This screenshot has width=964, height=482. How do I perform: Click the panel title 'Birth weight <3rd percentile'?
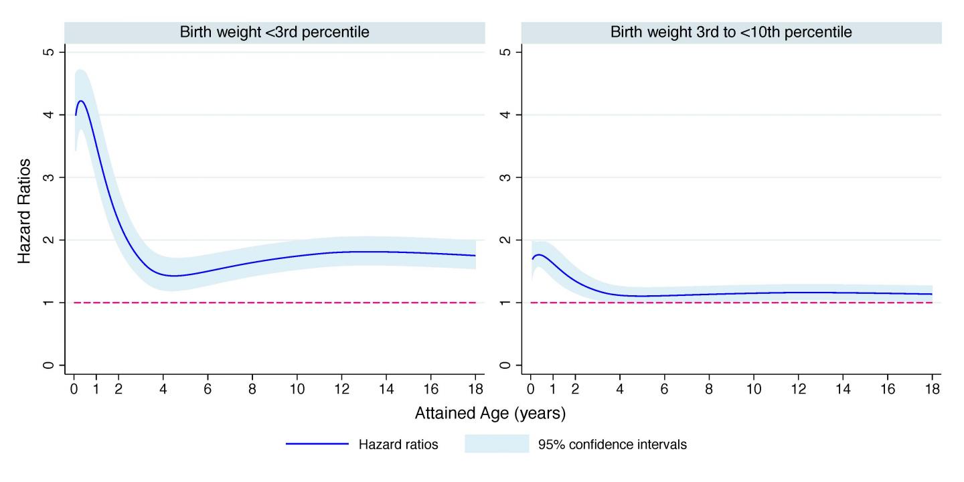click(274, 32)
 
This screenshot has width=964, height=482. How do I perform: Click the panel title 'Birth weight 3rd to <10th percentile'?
click(731, 32)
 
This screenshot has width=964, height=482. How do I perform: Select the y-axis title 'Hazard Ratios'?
click(24, 211)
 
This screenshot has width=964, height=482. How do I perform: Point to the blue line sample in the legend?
click(317, 445)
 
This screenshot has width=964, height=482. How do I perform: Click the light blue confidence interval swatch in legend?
click(496, 445)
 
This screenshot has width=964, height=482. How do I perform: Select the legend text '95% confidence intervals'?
click(612, 445)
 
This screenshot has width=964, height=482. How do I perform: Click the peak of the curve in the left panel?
click(81, 101)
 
